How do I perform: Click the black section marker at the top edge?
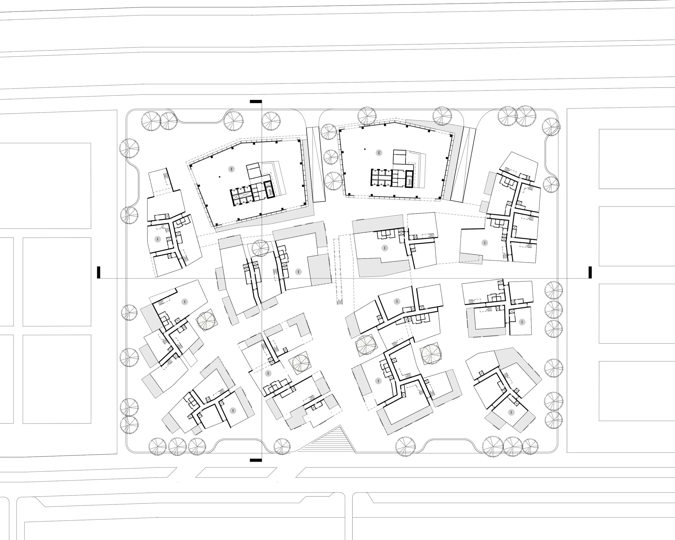coord(256,101)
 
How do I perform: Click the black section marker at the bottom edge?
coord(256,460)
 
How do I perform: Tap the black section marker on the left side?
coord(99,272)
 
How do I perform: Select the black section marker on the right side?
coord(590,272)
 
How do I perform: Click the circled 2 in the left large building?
coord(231,169)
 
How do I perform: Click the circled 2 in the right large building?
coord(379,153)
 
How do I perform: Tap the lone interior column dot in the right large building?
coord(365,149)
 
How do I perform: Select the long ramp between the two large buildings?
coord(316,165)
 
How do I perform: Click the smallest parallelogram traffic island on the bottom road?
coord(236,472)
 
